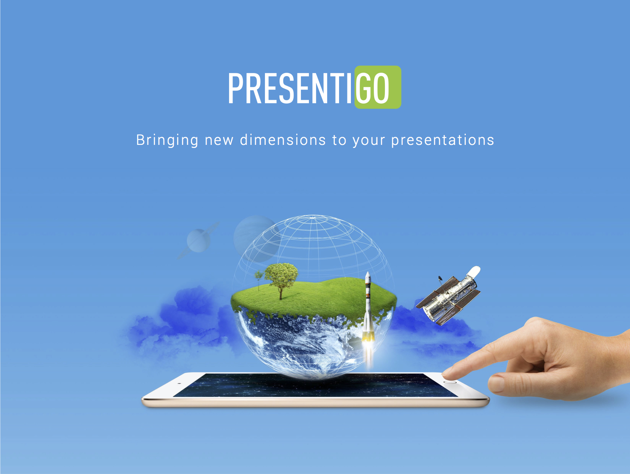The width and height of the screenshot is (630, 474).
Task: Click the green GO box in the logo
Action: click(x=378, y=87)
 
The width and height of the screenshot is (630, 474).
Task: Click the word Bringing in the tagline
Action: click(x=167, y=140)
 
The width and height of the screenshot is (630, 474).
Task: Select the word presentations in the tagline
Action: click(x=442, y=140)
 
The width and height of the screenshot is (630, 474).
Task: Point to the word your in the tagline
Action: click(x=368, y=141)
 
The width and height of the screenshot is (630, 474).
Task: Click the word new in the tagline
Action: click(x=219, y=141)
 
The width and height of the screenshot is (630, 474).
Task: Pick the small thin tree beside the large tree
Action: click(x=258, y=279)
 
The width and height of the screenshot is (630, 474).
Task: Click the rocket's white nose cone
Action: click(x=368, y=277)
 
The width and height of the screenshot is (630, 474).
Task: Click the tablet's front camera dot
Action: click(x=179, y=383)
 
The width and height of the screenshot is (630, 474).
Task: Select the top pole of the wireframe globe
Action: click(x=313, y=218)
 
